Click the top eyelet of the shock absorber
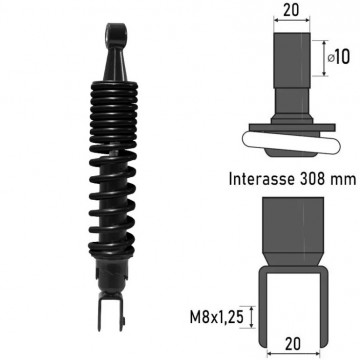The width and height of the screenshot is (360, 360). (116, 33)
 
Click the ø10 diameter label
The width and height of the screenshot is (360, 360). (339, 58)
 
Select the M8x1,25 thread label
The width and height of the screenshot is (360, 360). (216, 317)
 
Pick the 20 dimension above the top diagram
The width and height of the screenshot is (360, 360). (291, 10)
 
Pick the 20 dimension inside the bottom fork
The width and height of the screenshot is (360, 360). (293, 344)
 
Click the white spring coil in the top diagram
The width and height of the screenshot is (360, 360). (292, 143)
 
